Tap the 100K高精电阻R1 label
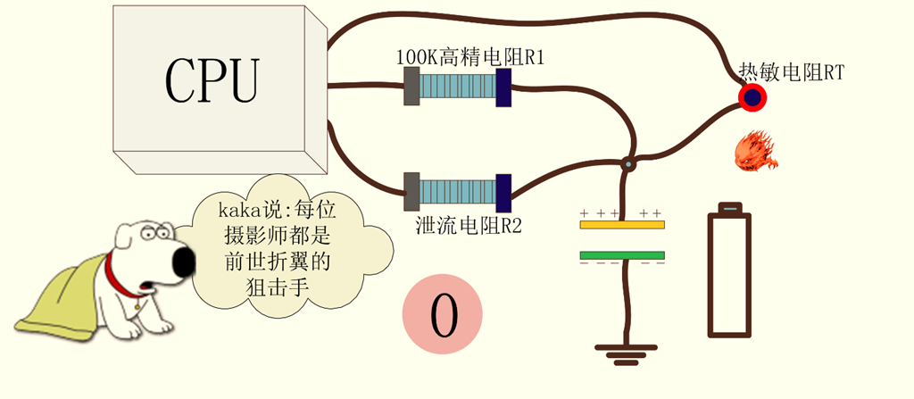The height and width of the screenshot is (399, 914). [469, 58]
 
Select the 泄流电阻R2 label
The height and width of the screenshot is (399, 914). [469, 224]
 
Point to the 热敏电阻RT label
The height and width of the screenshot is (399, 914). [791, 72]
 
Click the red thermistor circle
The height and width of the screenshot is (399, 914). [753, 96]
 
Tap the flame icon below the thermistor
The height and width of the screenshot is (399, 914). [755, 149]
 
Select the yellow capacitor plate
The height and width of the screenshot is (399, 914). [621, 224]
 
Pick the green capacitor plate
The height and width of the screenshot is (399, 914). [621, 256]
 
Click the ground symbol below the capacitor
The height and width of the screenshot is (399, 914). [626, 353]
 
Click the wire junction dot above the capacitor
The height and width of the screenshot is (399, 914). [628, 163]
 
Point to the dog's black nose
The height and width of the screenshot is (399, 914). [182, 262]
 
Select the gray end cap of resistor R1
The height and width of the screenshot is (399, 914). [411, 87]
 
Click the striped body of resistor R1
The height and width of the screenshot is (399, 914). [457, 87]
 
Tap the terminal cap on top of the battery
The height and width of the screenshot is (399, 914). [730, 208]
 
